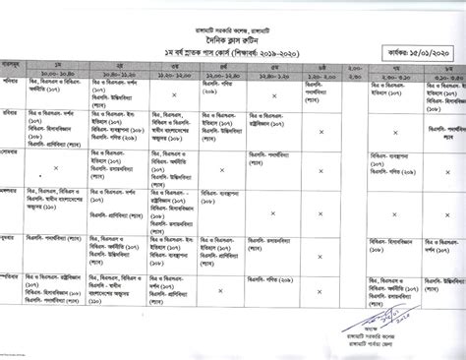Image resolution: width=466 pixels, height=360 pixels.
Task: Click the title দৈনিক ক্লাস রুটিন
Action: coord(232,31)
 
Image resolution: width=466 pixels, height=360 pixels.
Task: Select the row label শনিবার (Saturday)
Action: coord(13,83)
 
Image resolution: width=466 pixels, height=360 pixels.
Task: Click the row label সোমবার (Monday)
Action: coord(13,155)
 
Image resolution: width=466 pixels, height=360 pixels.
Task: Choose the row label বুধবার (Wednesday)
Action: coord(13,237)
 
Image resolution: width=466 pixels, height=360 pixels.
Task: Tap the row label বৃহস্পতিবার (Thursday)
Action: coord(13,277)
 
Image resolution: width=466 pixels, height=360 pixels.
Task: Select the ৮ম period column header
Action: coord(447,65)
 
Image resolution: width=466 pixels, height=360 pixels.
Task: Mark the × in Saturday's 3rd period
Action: coord(173,95)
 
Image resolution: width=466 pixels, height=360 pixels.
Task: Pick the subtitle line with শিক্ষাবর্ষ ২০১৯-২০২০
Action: coord(233,46)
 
